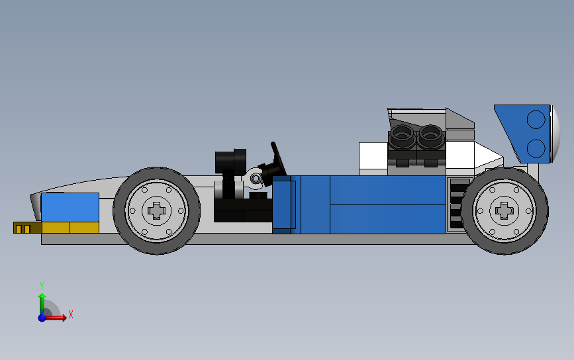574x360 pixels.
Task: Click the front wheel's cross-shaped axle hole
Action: (x=157, y=210)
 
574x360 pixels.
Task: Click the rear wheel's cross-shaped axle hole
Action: (x=504, y=210)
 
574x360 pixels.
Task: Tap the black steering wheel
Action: (x=278, y=158)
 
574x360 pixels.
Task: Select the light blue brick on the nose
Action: (x=70, y=207)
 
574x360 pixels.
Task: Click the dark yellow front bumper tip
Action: (x=27, y=228)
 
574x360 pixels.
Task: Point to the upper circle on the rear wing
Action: (x=536, y=120)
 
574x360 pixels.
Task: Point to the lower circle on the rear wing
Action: (x=536, y=148)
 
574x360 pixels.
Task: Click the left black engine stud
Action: (x=402, y=137)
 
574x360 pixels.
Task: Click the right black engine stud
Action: (x=430, y=137)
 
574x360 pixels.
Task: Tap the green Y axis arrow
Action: (x=42, y=303)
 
